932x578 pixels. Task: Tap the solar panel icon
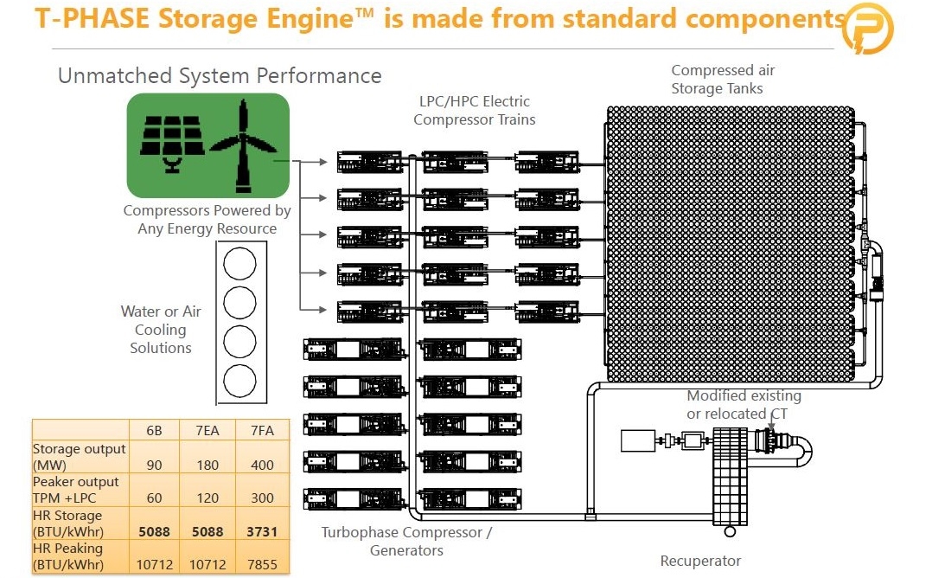click(x=172, y=144)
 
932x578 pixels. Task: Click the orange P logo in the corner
click(x=868, y=28)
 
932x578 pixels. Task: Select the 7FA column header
click(x=262, y=431)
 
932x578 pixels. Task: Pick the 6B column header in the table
click(x=154, y=431)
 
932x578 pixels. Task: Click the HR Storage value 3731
click(x=262, y=531)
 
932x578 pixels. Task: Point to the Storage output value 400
click(x=262, y=465)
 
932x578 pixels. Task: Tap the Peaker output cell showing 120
click(x=207, y=498)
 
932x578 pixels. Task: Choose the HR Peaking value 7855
click(x=262, y=564)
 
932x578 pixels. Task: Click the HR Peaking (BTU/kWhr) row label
click(x=67, y=556)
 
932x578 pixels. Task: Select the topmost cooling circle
click(x=239, y=264)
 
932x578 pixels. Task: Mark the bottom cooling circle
click(x=239, y=381)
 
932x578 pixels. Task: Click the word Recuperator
click(x=700, y=561)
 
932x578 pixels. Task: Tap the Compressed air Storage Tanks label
click(x=723, y=79)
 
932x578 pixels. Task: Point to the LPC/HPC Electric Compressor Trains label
click(x=475, y=110)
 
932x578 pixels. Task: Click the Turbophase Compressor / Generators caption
click(x=406, y=541)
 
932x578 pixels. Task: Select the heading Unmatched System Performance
click(x=220, y=75)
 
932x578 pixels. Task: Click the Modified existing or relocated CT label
click(x=744, y=404)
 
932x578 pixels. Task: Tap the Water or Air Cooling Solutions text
click(x=161, y=330)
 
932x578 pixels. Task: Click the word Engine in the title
click(x=310, y=18)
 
